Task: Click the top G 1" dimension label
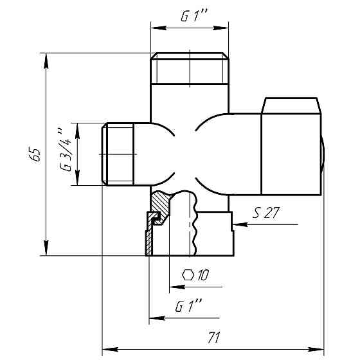coord(194,16)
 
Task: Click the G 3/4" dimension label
coord(65,150)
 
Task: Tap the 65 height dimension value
coord(35,154)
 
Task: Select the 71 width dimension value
coord(213,337)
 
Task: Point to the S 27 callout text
coord(266,213)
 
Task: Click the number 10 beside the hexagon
coord(203,275)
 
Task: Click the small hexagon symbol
coord(188,275)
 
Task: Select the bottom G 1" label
coord(188,306)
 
